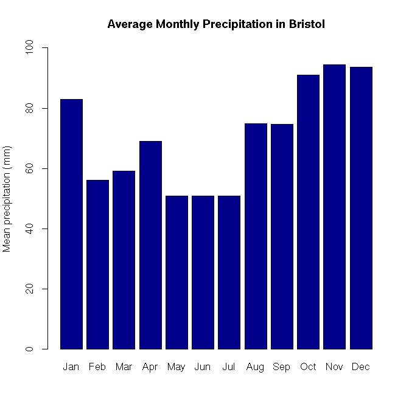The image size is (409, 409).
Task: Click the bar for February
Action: [97, 264]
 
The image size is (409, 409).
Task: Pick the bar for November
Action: [334, 207]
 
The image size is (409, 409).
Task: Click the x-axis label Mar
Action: [124, 367]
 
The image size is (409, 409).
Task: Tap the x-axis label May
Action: [177, 367]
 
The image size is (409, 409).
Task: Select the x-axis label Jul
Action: [229, 367]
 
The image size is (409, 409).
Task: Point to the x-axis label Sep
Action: [282, 367]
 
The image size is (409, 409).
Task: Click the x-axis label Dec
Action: [360, 367]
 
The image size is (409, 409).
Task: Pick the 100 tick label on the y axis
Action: [30, 47]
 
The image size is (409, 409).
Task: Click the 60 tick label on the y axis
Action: [30, 168]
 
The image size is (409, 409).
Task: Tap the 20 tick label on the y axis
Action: [30, 289]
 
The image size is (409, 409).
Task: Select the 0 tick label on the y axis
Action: [30, 349]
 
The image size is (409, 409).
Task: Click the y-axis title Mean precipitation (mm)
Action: [8, 199]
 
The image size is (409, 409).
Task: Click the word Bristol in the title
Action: [310, 24]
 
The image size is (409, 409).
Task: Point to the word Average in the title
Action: [129, 24]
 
